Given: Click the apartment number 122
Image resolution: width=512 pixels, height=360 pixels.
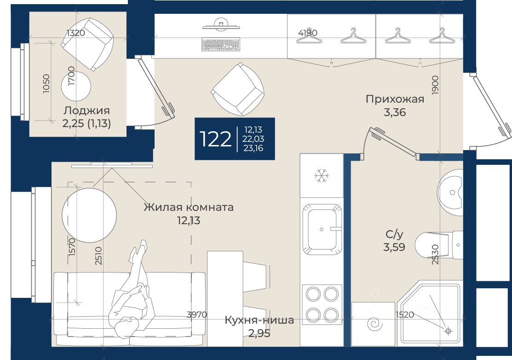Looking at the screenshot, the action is tap(215, 139).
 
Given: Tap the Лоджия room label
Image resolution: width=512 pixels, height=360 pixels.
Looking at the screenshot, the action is tap(86, 110).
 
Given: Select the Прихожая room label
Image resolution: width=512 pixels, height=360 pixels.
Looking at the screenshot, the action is tap(395, 99).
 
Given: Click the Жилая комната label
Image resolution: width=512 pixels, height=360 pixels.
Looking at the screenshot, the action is tap(189, 207).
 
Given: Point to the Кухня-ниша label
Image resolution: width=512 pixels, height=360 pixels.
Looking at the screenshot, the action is tap(259, 320).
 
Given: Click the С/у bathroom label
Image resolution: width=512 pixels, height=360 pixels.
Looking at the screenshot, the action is tap(394, 234).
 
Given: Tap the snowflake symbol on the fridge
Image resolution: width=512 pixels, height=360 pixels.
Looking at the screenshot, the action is tap(321, 176).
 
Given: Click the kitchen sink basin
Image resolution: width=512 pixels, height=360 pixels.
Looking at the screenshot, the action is tap(322, 229).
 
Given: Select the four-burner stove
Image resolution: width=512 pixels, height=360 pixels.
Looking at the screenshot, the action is tap(322, 304).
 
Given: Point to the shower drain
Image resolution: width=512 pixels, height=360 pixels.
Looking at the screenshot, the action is tap(448, 331).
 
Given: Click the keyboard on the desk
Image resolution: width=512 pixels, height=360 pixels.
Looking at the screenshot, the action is tap(221, 45).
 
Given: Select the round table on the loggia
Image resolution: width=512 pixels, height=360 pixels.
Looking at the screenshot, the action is tap(76, 86).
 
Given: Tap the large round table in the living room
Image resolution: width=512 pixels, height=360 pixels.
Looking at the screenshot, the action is tap(89, 215).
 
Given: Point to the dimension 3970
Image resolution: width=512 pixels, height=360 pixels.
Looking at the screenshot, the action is tap(197, 314).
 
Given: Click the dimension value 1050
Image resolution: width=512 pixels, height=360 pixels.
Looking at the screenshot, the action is tap(46, 84).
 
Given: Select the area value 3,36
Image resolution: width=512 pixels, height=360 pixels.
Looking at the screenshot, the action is tap(395, 112).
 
